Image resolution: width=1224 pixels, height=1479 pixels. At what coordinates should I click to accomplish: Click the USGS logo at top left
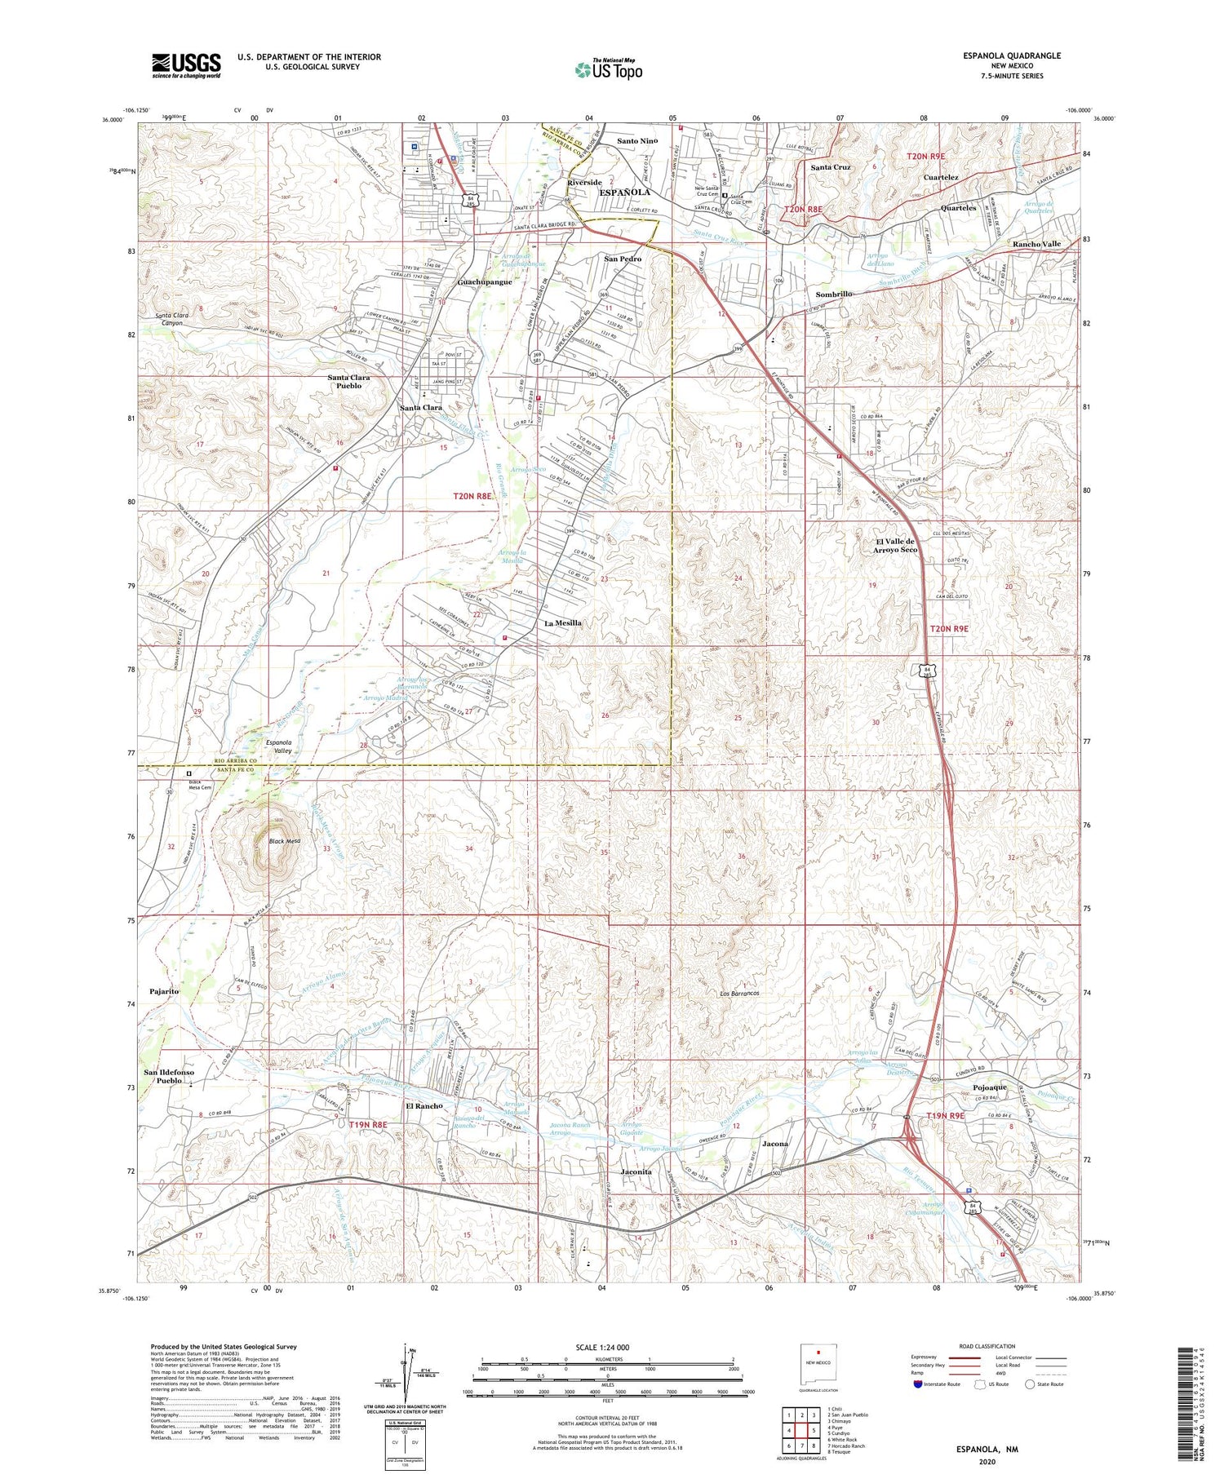pyautogui.click(x=186, y=65)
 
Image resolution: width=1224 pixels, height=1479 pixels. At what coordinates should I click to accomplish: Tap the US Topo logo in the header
pyautogui.click(x=608, y=69)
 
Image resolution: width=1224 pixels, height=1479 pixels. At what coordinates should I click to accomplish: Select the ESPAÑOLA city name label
pyautogui.click(x=625, y=193)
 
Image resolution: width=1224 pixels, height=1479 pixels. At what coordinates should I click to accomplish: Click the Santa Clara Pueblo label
pyautogui.click(x=348, y=382)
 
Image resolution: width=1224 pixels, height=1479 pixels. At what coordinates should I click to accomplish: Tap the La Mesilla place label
pyautogui.click(x=563, y=623)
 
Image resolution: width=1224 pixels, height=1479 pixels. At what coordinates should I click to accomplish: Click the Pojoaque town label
pyautogui.click(x=990, y=1087)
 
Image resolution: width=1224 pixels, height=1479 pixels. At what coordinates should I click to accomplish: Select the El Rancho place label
pyautogui.click(x=424, y=1106)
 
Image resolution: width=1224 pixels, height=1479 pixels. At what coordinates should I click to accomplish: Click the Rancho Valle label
pyautogui.click(x=1036, y=244)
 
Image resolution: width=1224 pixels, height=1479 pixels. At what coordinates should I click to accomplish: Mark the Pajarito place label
pyautogui.click(x=164, y=991)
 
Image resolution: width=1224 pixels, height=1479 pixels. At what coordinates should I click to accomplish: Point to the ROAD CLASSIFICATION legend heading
pyautogui.click(x=987, y=1346)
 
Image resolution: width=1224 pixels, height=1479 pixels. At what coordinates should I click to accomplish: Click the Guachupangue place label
pyautogui.click(x=485, y=282)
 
